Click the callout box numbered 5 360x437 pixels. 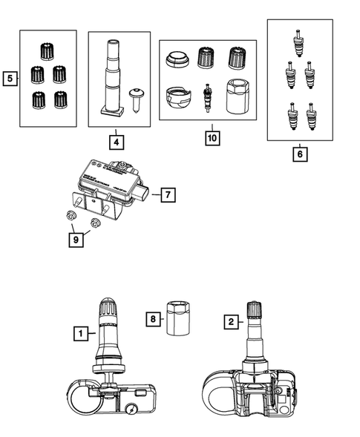click(10, 79)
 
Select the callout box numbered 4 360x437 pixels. click(117, 142)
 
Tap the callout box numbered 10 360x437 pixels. click(212, 138)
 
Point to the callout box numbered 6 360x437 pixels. click(300, 154)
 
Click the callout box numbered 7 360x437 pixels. click(168, 194)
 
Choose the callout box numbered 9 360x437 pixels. click(76, 240)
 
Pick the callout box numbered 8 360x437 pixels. click(153, 319)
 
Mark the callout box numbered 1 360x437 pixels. click(81, 333)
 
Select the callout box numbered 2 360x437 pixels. click(231, 322)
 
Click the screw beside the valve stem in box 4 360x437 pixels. click(135, 99)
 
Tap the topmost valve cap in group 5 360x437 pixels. click(47, 51)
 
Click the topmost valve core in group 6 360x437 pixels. click(298, 43)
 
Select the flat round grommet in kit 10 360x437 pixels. click(177, 59)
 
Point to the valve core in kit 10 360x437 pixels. click(207, 97)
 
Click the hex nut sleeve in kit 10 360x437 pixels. click(238, 96)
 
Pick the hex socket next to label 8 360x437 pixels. click(178, 318)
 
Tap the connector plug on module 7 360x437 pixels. click(143, 192)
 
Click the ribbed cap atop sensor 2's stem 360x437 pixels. click(255, 309)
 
